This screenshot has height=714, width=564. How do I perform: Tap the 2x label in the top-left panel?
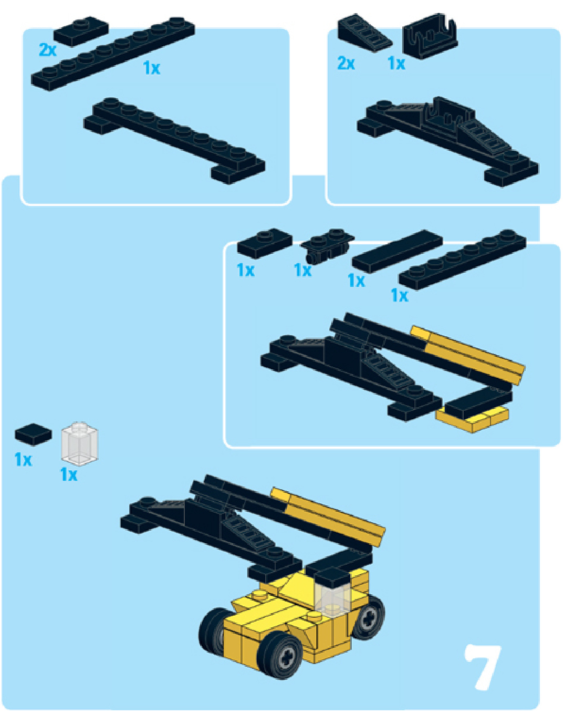pyautogui.click(x=47, y=50)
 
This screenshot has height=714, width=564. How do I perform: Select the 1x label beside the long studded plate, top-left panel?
pyautogui.click(x=151, y=68)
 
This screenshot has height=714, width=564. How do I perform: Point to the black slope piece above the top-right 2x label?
pyautogui.click(x=363, y=35)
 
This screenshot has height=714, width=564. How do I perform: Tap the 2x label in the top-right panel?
pyautogui.click(x=346, y=64)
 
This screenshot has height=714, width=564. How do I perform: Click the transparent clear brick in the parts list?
pyautogui.click(x=80, y=444)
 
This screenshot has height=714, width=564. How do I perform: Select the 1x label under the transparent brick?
pyautogui.click(x=69, y=474)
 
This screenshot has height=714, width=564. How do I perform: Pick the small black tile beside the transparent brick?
pyautogui.click(x=33, y=434)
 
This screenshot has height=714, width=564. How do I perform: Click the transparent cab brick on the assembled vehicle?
pyautogui.click(x=332, y=598)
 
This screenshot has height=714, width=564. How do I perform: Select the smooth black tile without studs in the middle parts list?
pyautogui.click(x=397, y=251)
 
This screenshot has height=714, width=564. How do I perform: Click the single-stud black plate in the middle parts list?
pyautogui.click(x=264, y=243)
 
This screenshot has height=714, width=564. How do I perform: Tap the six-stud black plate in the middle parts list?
pyautogui.click(x=462, y=259)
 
